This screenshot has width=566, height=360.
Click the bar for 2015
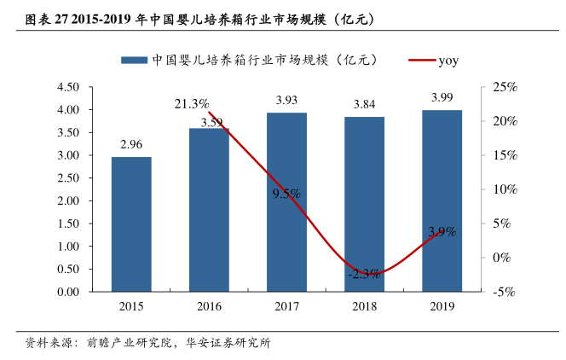pyautogui.click(x=131, y=224)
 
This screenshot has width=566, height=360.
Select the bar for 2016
pyautogui.click(x=209, y=209)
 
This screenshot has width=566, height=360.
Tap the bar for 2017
pyautogui.click(x=286, y=201)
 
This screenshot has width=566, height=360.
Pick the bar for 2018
pyautogui.click(x=364, y=204)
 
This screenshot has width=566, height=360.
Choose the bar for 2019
pyautogui.click(x=442, y=200)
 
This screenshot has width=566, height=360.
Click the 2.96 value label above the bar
pyautogui.click(x=131, y=145)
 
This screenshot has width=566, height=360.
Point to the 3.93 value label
pyautogui.click(x=286, y=101)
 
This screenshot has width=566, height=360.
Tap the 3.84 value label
pyautogui.click(x=364, y=105)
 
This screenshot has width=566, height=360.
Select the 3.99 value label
pyautogui.click(x=442, y=98)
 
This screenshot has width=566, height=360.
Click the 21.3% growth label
pyautogui.click(x=192, y=104)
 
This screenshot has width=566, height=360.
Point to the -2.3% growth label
pyautogui.click(x=364, y=274)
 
